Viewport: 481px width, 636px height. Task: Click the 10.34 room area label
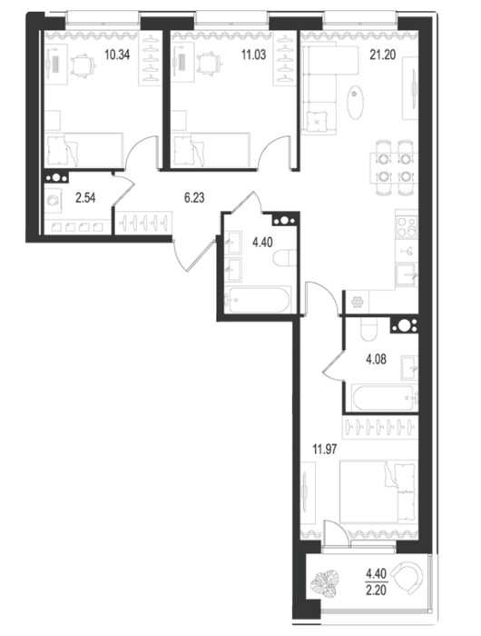click(117, 55)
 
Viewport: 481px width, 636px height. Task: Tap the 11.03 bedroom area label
click(254, 55)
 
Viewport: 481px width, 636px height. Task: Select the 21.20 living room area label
click(382, 55)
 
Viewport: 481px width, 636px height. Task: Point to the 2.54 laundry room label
click(85, 198)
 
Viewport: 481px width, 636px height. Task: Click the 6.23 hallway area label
click(194, 198)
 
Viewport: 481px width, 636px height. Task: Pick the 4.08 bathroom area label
click(376, 360)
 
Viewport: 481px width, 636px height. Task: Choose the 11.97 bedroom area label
click(325, 449)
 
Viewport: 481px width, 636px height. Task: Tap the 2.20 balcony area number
click(376, 590)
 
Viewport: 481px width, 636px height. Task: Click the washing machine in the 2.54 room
click(53, 200)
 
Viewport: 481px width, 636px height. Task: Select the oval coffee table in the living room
click(355, 102)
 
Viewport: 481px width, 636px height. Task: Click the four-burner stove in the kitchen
click(407, 226)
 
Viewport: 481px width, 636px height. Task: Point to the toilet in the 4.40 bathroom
click(284, 258)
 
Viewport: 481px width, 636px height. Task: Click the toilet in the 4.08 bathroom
click(368, 329)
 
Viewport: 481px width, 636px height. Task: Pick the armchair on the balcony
click(409, 575)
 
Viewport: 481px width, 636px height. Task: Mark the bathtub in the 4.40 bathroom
click(258, 300)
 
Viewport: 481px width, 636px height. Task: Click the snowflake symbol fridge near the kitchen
click(358, 302)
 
